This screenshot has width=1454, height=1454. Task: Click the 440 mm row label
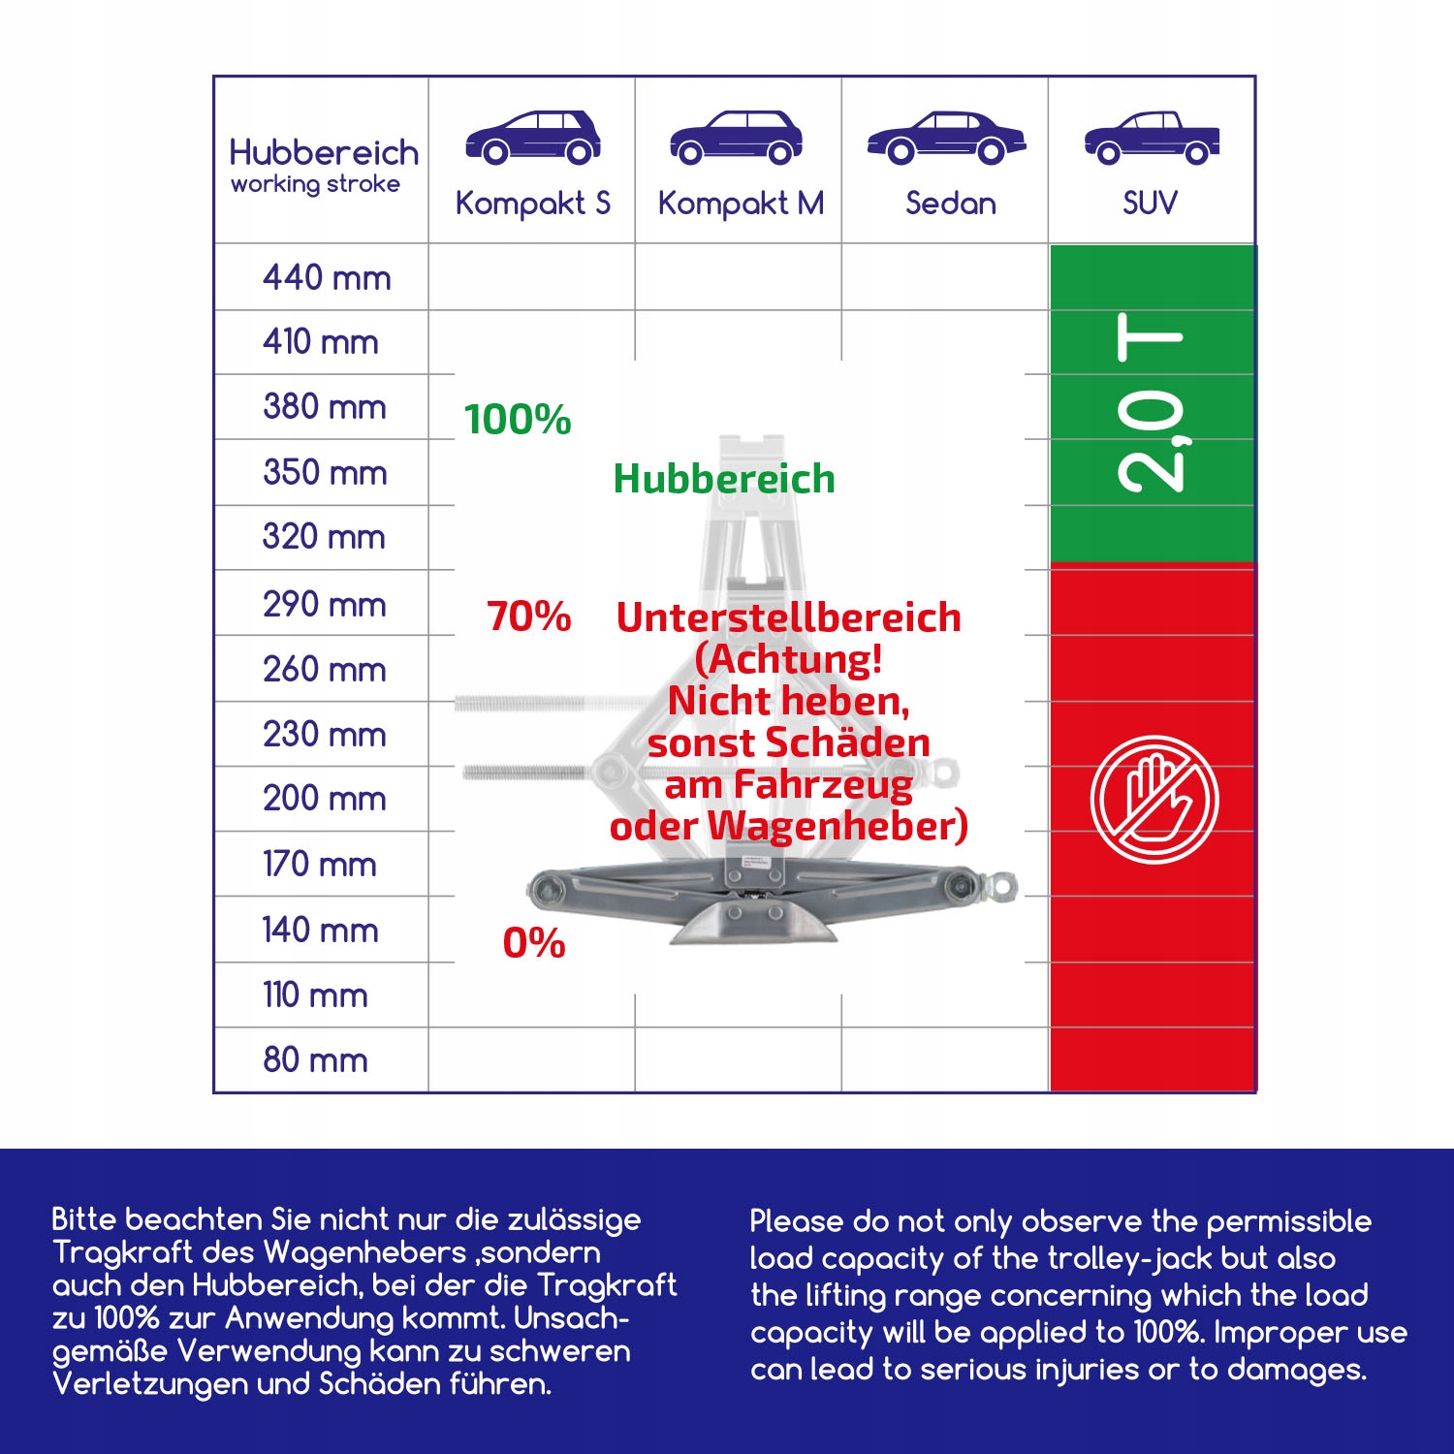327,278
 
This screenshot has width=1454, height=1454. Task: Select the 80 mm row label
315,1059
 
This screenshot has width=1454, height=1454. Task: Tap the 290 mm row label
325,604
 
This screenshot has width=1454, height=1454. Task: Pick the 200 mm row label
325,798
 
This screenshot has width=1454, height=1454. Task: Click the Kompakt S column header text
532,204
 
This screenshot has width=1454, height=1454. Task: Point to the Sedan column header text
950,204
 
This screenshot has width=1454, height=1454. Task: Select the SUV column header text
1150,204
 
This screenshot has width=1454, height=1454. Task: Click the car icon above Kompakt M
736,138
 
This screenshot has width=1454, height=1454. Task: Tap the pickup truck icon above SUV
1152,138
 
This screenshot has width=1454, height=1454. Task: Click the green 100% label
518,420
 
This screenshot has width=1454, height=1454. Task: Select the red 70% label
529,616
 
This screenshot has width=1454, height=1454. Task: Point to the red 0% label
534,943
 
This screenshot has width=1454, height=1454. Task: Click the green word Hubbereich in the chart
724,479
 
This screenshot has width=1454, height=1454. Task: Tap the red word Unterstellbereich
789,617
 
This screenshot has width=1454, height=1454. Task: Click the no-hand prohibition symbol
1153,800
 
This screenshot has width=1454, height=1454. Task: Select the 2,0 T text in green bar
1152,402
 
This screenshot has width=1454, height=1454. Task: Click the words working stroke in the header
315,184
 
